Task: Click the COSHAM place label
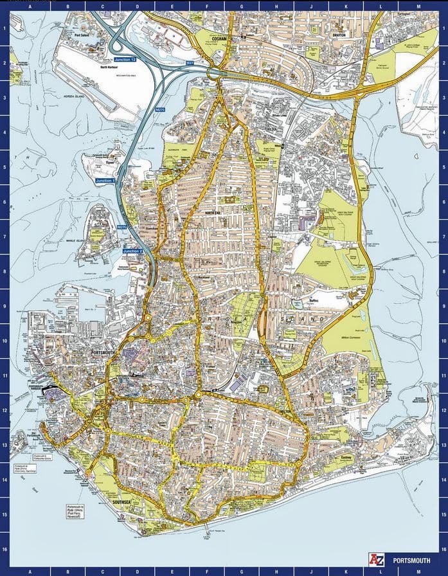click(220, 39)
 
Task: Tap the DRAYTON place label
click(339, 35)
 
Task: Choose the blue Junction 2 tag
click(131, 250)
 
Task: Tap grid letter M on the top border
click(418, 5)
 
